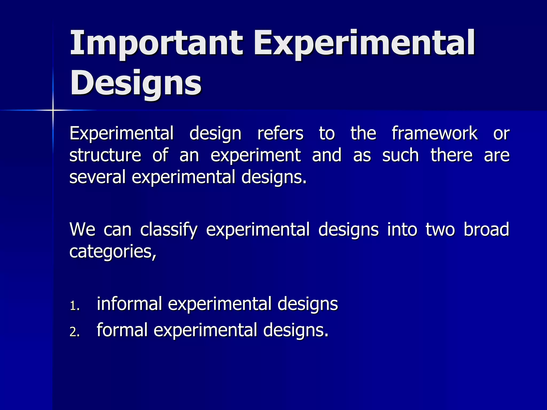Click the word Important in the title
(x=156, y=43)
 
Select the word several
(x=97, y=177)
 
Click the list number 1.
(x=74, y=306)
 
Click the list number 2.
(x=74, y=332)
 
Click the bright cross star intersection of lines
(x=53, y=110)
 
